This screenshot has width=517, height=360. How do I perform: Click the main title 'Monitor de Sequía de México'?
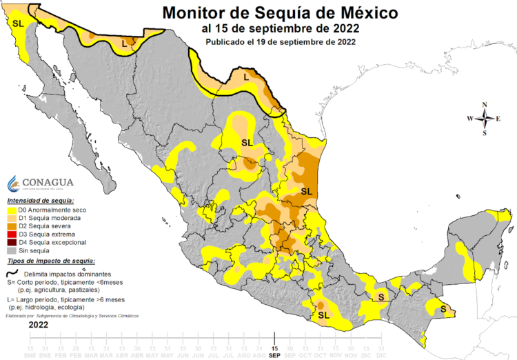[280, 12]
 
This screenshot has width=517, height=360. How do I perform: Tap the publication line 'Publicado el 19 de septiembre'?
[280, 41]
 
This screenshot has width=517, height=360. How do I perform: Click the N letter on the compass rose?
[485, 105]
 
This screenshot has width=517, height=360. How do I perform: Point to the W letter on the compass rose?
[470, 119]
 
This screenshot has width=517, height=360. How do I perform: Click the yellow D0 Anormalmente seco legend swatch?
[12, 210]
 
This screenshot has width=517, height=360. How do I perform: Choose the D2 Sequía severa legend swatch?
[12, 226]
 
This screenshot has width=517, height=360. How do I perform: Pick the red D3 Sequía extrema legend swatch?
[12, 234]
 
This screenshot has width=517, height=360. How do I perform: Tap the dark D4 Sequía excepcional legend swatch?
[12, 243]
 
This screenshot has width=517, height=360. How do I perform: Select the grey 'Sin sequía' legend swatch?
[12, 251]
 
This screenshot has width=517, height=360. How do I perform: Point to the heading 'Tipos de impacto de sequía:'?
[51, 261]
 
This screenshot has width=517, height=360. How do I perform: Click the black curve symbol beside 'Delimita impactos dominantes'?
[12, 272]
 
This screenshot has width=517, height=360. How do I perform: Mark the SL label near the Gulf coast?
[307, 190]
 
